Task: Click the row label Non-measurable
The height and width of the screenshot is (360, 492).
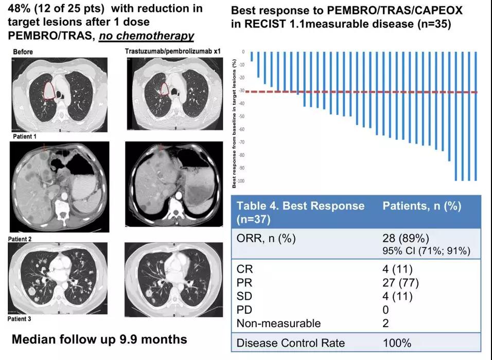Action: point(278,323)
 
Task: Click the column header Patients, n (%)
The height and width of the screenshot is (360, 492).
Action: point(422,206)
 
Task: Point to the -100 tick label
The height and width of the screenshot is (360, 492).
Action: point(242,181)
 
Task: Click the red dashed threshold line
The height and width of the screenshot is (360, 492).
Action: point(360,92)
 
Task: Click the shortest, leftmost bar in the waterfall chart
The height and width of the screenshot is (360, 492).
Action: point(252,57)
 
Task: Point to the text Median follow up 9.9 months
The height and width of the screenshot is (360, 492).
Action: point(99,339)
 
